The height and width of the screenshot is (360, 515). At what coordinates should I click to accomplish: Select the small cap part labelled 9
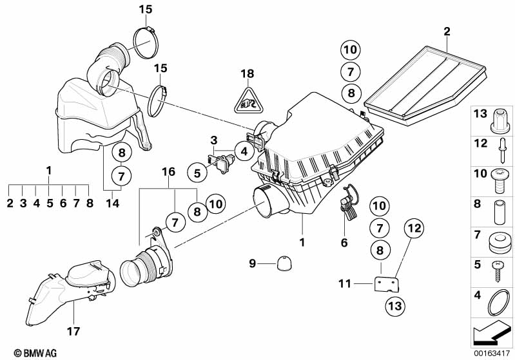(284, 264)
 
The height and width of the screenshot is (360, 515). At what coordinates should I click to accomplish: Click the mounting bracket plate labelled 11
(387, 285)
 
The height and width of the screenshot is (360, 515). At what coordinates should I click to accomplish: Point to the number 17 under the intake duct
(73, 331)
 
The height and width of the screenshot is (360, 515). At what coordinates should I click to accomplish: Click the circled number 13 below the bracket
(396, 306)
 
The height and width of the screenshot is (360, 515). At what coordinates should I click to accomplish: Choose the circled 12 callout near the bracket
(414, 228)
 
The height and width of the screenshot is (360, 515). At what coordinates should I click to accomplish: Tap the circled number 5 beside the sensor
(197, 173)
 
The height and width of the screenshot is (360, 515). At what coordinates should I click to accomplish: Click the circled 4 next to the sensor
(244, 151)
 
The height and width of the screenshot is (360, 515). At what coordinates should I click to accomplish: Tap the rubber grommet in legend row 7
(500, 243)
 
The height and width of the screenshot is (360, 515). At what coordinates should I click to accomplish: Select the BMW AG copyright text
(35, 353)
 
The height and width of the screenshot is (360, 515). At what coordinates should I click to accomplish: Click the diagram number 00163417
(492, 354)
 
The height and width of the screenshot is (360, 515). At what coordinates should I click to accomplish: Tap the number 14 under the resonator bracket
(112, 203)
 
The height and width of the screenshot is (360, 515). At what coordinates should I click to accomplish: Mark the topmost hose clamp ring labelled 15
(146, 43)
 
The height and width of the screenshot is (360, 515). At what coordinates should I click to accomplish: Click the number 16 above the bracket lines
(168, 172)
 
